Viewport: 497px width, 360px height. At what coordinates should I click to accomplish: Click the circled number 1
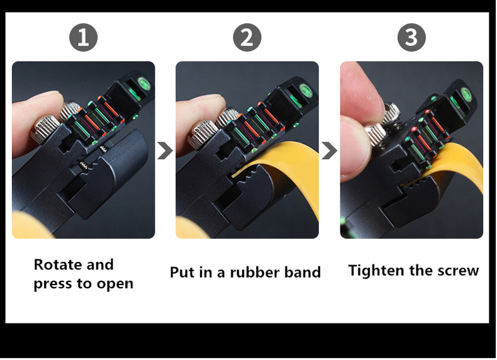click(84, 37)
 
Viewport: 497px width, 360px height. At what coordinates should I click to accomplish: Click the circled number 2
click(247, 37)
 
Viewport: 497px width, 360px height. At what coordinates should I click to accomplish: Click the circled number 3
click(411, 37)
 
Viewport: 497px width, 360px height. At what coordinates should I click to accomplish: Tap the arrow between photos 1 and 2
click(165, 150)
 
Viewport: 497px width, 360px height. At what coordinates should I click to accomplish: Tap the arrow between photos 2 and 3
click(329, 150)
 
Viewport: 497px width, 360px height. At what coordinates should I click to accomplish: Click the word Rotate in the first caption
click(57, 264)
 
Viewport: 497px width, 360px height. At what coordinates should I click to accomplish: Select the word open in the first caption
click(114, 284)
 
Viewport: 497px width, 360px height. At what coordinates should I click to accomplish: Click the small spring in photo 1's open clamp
click(84, 165)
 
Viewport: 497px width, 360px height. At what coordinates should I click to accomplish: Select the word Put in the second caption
click(182, 272)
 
